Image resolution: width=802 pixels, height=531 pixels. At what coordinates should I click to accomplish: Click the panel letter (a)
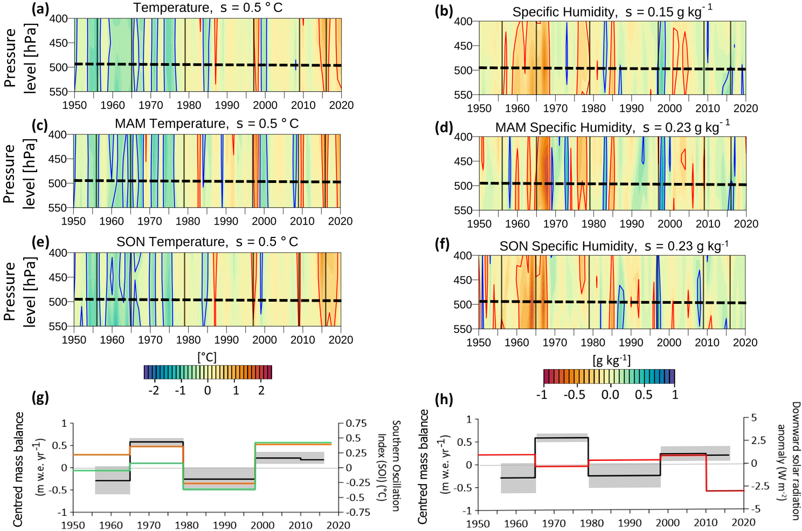40,9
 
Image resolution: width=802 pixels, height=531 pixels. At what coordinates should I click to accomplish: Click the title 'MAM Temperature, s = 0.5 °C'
206,124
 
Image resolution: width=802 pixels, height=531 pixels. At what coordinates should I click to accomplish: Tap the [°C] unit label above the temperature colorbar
207,357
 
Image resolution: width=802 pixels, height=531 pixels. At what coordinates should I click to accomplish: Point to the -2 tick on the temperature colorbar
154,390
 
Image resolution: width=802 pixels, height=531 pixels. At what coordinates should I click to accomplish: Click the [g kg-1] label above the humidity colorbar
611,360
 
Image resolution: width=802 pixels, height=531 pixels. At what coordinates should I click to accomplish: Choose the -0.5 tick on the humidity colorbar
574,394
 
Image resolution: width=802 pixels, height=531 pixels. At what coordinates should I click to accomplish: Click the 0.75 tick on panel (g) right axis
356,424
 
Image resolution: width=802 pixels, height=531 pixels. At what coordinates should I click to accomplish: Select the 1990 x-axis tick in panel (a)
227,105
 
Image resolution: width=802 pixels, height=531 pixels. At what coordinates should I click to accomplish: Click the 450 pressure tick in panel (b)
463,46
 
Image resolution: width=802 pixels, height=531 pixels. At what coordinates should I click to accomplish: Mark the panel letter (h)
444,399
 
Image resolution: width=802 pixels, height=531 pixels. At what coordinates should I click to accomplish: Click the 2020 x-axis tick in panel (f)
745,343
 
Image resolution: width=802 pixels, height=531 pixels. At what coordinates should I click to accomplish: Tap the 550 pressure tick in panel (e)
58,326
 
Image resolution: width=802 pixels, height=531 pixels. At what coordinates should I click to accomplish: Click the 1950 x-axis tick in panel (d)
479,224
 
